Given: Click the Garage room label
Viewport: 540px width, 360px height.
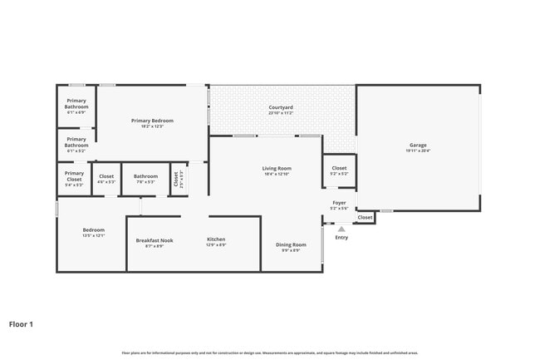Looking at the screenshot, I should [417, 145].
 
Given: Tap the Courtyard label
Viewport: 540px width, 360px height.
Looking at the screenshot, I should [280, 107].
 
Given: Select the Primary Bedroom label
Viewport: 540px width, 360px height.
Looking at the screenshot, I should [152, 121].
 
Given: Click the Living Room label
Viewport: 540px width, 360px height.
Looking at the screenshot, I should [277, 169].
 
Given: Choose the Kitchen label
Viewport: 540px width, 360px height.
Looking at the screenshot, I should [216, 239].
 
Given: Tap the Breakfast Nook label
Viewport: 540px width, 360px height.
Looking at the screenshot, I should [155, 240].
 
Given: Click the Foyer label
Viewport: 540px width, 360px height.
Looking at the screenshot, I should [339, 202].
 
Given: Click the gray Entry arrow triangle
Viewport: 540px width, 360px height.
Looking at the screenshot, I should [341, 229].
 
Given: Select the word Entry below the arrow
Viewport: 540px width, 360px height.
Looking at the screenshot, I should [341, 238].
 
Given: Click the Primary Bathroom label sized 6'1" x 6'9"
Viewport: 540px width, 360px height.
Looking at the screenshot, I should [76, 104].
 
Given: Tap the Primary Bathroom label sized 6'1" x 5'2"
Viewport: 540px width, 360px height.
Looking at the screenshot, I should [76, 142].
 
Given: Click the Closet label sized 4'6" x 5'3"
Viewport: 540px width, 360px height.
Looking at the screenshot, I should [106, 176].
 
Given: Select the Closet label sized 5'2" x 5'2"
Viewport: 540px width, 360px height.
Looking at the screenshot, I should [339, 168].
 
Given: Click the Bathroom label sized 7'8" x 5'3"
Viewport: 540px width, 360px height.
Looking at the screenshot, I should [145, 176].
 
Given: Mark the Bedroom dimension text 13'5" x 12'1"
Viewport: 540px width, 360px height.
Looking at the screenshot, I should [93, 235].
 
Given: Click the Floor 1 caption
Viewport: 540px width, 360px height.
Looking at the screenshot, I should [21, 324].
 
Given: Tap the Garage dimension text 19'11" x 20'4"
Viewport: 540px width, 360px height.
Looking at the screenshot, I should [417, 150].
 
